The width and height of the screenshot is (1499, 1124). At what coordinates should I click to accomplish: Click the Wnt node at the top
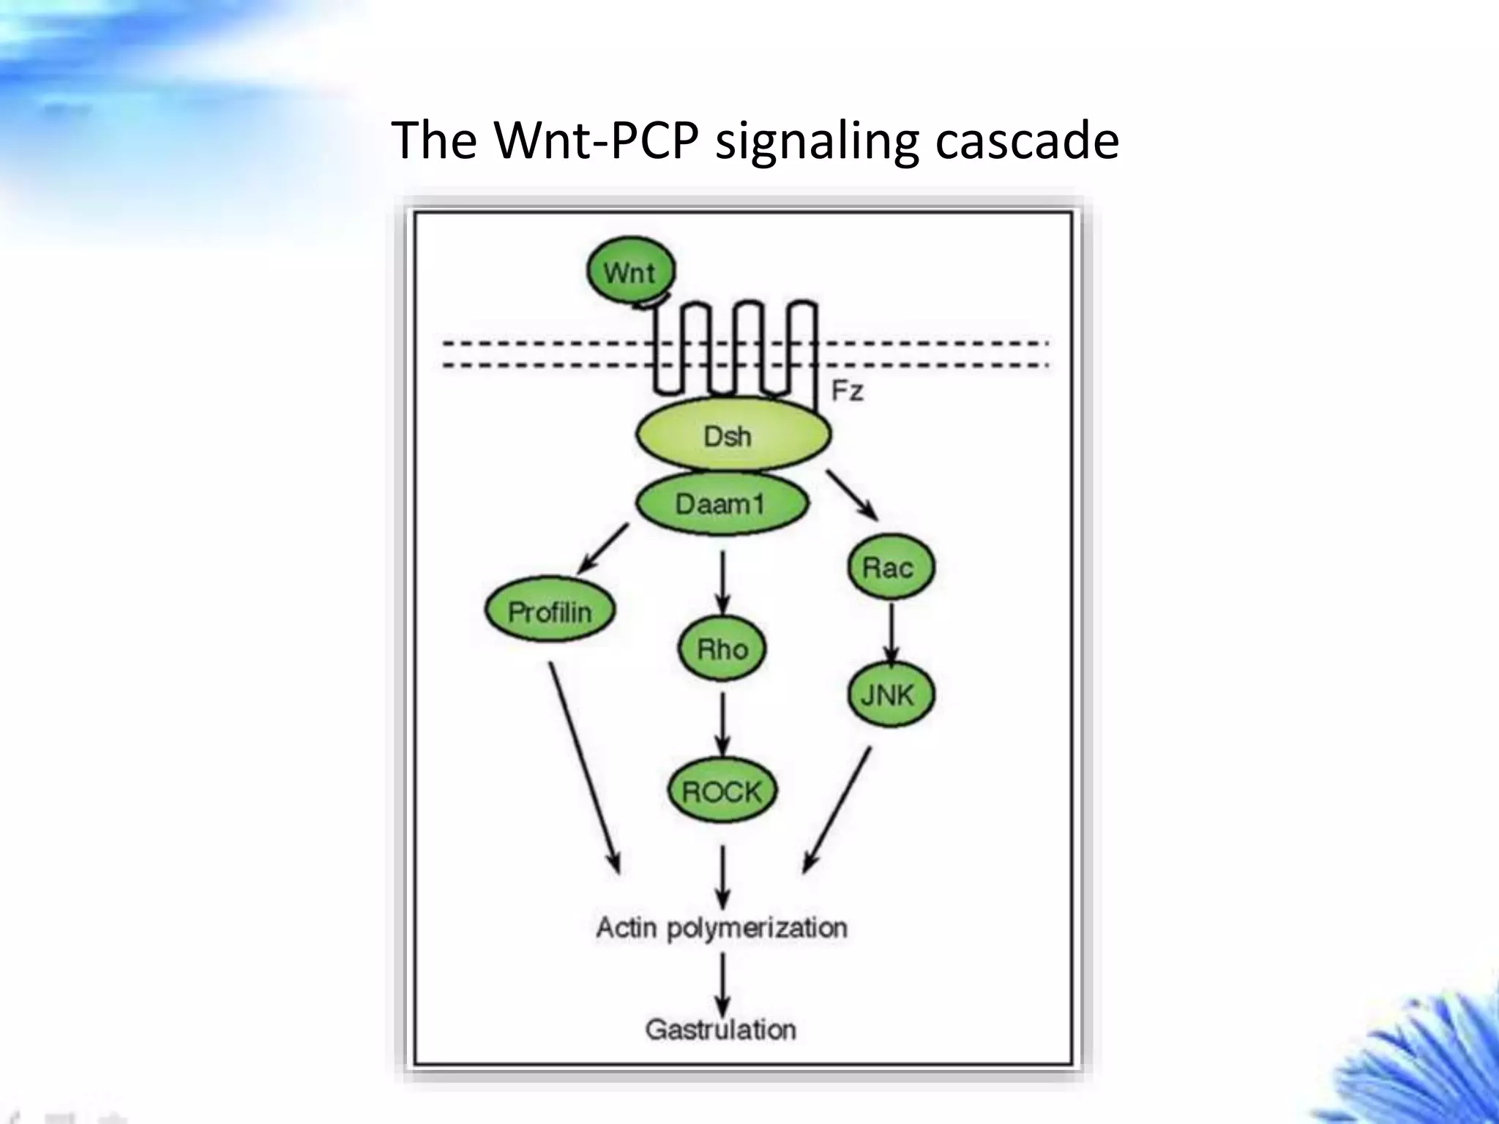pyautogui.click(x=631, y=272)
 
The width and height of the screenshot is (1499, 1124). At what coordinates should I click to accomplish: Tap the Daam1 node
pyautogui.click(x=721, y=503)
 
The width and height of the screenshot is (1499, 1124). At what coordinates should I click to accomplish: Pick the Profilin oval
pyautogui.click(x=550, y=611)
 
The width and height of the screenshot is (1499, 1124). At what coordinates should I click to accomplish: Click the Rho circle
pyautogui.click(x=722, y=649)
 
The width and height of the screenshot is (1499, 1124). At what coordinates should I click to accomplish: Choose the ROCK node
pyautogui.click(x=722, y=791)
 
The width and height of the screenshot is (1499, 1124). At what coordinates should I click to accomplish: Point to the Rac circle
pyautogui.click(x=890, y=567)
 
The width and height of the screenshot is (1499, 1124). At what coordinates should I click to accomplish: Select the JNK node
pyautogui.click(x=890, y=694)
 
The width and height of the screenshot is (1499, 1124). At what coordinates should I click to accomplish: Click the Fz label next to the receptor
pyautogui.click(x=848, y=391)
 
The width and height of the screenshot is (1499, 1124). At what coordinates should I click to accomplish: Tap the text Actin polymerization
pyautogui.click(x=722, y=928)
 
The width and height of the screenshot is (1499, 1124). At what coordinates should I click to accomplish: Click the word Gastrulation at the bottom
pyautogui.click(x=721, y=1030)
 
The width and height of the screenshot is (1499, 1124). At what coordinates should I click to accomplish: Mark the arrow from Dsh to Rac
pyautogui.click(x=852, y=495)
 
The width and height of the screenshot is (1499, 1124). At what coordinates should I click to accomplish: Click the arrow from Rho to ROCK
pyautogui.click(x=722, y=724)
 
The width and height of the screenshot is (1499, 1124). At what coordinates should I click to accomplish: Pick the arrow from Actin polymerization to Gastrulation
pyautogui.click(x=722, y=983)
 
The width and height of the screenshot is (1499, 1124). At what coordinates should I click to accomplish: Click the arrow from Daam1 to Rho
pyautogui.click(x=722, y=582)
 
